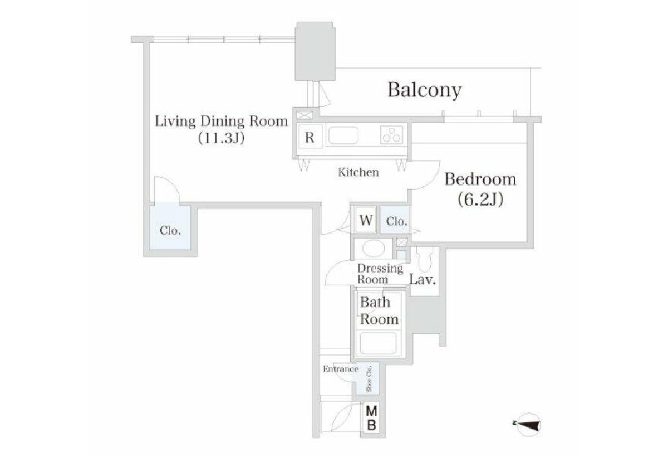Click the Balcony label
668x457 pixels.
(x=424, y=90)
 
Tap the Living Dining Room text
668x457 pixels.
(x=222, y=121)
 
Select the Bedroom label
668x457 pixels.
(x=480, y=179)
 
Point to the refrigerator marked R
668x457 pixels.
(x=310, y=137)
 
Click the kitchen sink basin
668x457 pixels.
(x=343, y=135)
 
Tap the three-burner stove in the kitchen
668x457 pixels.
(x=391, y=135)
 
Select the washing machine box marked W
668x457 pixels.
(x=366, y=220)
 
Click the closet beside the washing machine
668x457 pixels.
(x=395, y=220)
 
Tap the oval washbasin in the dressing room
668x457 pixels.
(x=373, y=249)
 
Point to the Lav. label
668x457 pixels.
(x=423, y=279)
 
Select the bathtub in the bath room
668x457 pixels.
(x=378, y=343)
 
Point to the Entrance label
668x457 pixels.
(x=341, y=369)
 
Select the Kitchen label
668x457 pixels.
(x=358, y=172)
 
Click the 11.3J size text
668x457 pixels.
(x=222, y=138)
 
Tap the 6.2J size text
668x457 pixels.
(x=480, y=199)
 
